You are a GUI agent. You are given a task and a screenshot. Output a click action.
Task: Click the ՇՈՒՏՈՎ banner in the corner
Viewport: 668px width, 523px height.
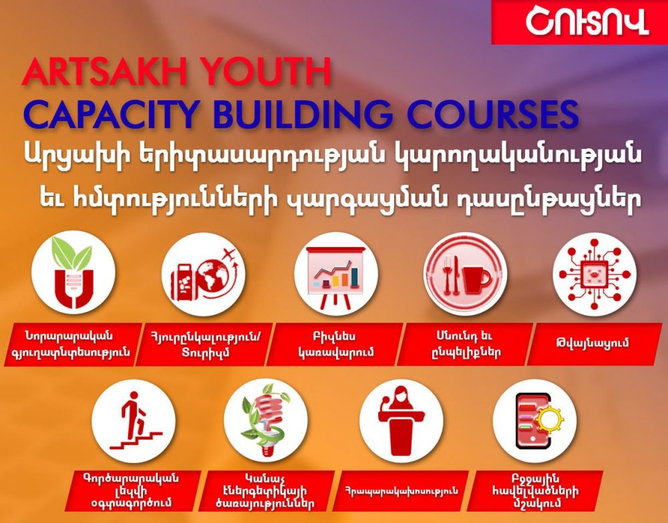tap(580, 22)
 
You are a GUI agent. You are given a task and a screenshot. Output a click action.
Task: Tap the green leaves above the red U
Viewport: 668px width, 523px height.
tap(71, 253)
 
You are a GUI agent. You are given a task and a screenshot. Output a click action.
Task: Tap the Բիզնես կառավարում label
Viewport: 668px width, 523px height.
tap(335, 344)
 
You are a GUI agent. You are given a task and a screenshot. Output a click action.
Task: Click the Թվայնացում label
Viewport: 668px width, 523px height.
tap(595, 344)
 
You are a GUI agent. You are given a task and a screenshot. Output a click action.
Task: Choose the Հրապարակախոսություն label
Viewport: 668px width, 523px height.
tap(401, 491)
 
